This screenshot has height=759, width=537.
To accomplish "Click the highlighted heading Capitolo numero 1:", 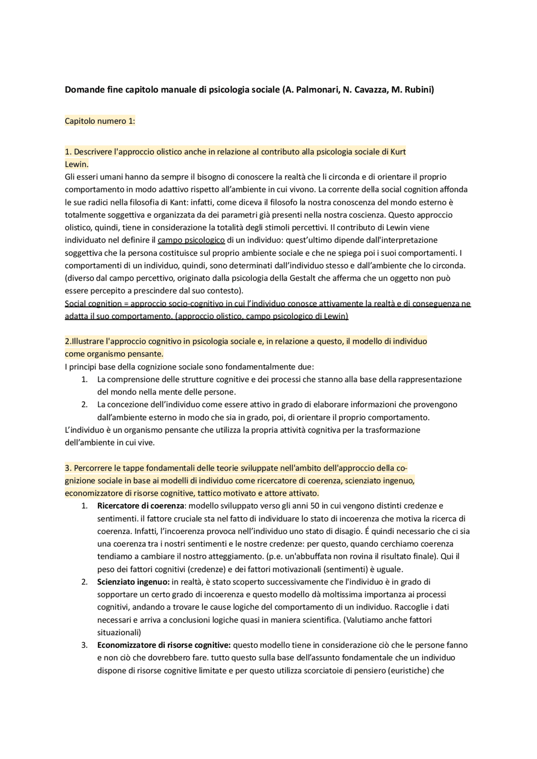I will pyautogui.click(x=100, y=121).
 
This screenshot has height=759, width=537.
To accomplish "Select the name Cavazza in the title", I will pyautogui.click(x=371, y=90).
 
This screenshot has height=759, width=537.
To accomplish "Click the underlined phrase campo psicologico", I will pyautogui.click(x=191, y=240).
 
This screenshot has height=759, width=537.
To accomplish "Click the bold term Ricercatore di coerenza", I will pyautogui.click(x=141, y=506).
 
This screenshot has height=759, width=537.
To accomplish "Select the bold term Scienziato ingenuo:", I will pyautogui.click(x=133, y=582).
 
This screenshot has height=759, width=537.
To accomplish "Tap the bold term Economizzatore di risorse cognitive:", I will pyautogui.click(x=164, y=645).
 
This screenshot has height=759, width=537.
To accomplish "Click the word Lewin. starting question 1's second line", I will pyautogui.click(x=76, y=164).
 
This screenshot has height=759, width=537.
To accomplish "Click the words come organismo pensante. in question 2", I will pyautogui.click(x=114, y=354).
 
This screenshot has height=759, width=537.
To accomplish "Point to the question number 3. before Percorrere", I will pyautogui.click(x=68, y=468).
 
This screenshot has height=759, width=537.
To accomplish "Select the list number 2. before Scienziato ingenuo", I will pyautogui.click(x=84, y=582).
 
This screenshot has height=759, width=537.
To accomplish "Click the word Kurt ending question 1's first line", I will pyautogui.click(x=398, y=152).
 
